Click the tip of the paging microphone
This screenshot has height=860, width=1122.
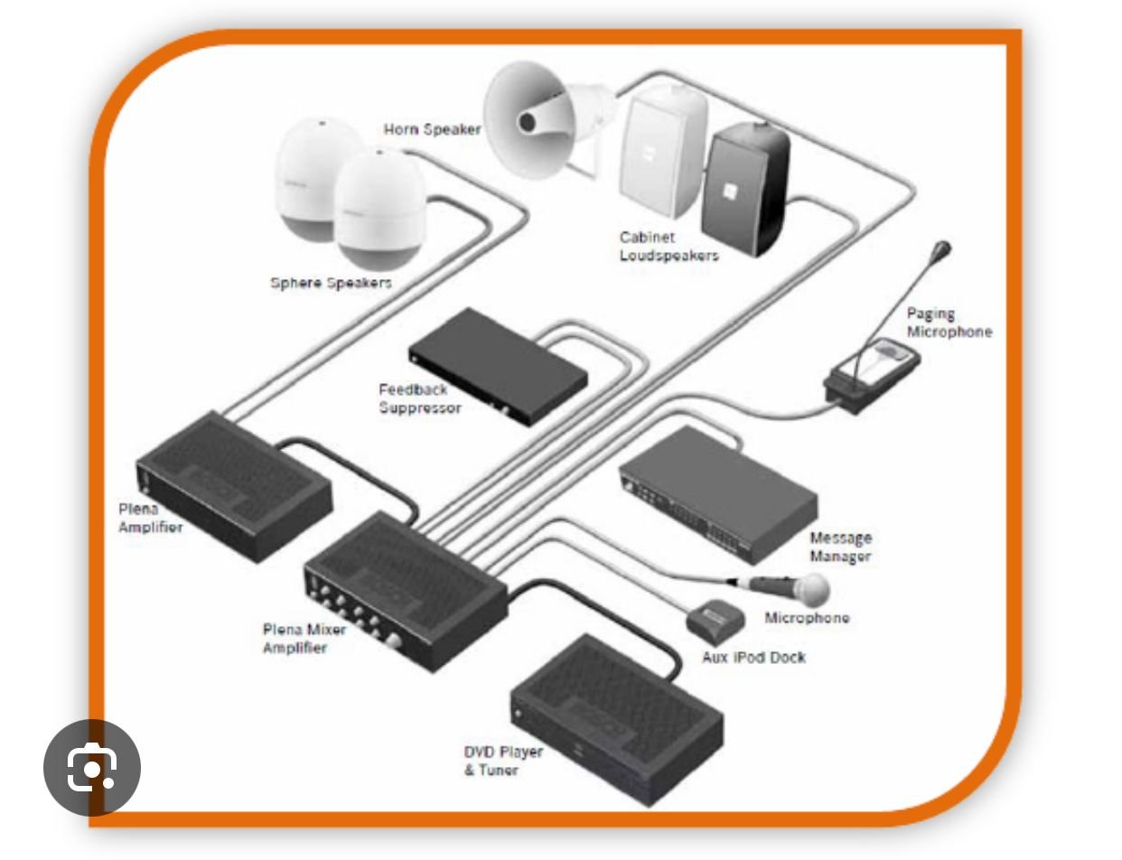pos(943,247)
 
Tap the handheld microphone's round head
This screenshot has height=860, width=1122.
pos(813,590)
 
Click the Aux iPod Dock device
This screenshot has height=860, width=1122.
pos(717,619)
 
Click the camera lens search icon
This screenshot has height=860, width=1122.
pos(92,768)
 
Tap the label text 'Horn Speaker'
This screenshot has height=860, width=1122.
pos(432,130)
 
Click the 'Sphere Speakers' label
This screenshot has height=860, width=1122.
pos(332,283)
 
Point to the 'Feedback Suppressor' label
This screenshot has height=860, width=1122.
pos(420,399)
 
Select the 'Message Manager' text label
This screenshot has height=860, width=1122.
pos(840,547)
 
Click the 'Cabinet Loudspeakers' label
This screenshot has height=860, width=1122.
pos(669,247)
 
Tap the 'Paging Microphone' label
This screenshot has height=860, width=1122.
pos(949,322)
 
